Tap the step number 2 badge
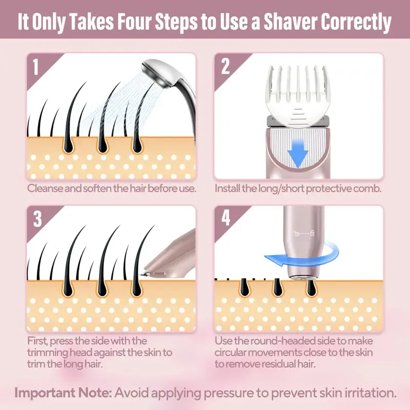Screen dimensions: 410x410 225,67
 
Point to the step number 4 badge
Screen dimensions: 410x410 226,219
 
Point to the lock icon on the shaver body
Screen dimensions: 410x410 312,234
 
